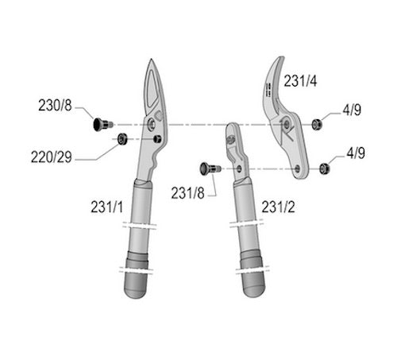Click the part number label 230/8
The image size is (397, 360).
click(55, 104)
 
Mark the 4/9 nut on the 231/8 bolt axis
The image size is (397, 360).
click(324, 168)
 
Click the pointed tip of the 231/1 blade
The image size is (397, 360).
click(151, 62)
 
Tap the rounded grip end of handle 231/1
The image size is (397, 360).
click(140, 288)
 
